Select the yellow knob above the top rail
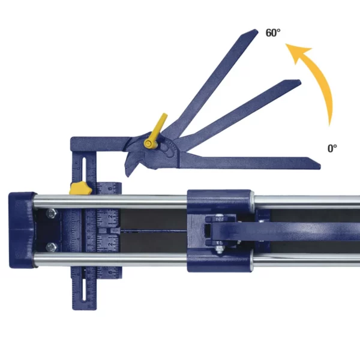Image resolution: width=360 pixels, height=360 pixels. [x=80, y=188]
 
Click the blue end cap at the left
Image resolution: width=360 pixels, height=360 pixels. [x=19, y=229]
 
